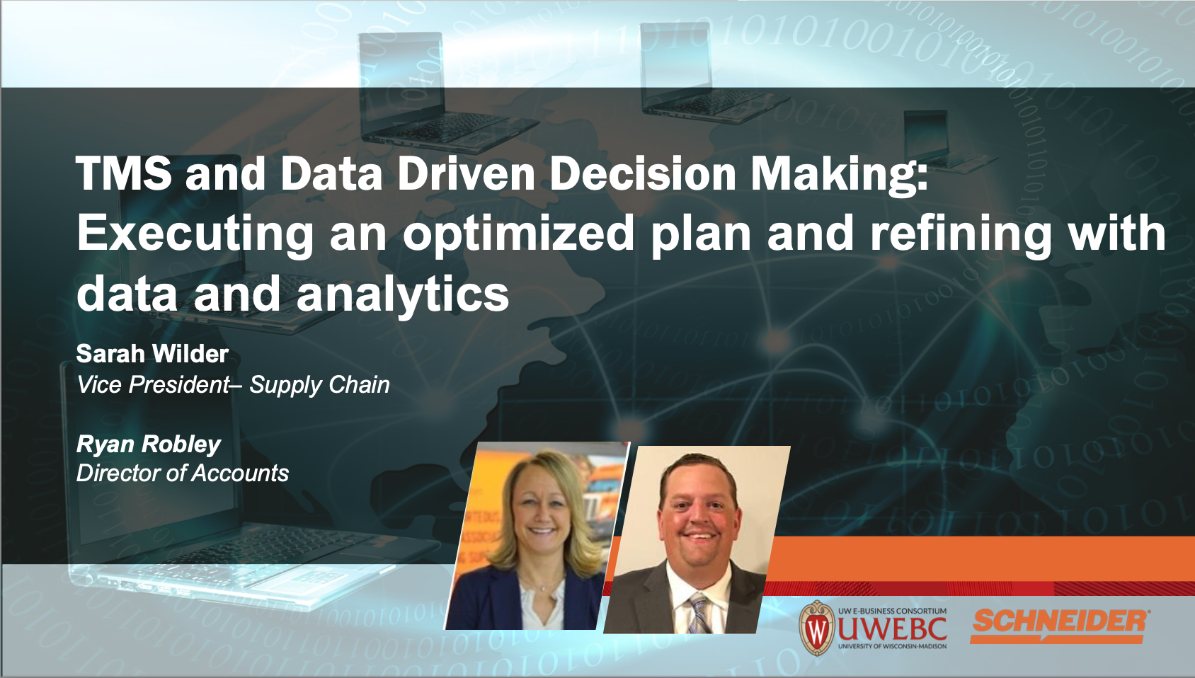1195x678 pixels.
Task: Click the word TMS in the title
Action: point(124,173)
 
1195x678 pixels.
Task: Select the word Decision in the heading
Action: point(643,173)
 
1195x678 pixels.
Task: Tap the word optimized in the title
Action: point(518,234)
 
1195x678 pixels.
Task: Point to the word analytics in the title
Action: point(402,295)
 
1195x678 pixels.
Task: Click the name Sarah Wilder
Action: point(153,354)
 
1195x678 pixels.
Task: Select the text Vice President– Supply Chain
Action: point(233,384)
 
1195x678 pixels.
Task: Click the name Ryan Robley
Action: point(149,444)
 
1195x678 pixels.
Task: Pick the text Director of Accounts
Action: point(183,473)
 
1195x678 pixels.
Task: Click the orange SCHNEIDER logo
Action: point(1060,626)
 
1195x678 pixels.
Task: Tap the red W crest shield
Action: point(816,628)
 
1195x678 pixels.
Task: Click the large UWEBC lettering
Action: point(892,629)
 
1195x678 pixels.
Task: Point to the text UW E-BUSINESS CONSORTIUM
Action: point(892,611)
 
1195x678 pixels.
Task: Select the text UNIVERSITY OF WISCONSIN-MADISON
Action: point(892,647)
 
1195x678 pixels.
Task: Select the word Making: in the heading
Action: point(839,173)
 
